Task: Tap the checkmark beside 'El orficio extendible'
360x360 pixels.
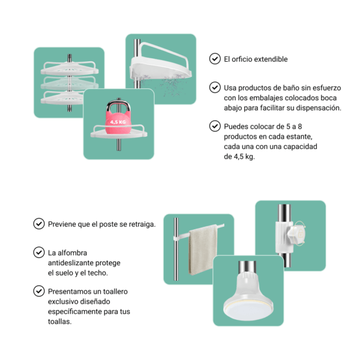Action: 214,59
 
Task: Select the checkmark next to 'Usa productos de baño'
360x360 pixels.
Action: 214,88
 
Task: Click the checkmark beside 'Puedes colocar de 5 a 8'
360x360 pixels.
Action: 214,126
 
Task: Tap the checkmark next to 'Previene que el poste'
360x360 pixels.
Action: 38,224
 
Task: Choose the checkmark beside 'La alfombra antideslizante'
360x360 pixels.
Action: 38,252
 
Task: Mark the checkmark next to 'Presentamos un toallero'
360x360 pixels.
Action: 38,291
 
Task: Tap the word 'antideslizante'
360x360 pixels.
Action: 74,262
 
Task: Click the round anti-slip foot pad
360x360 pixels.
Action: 248,304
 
